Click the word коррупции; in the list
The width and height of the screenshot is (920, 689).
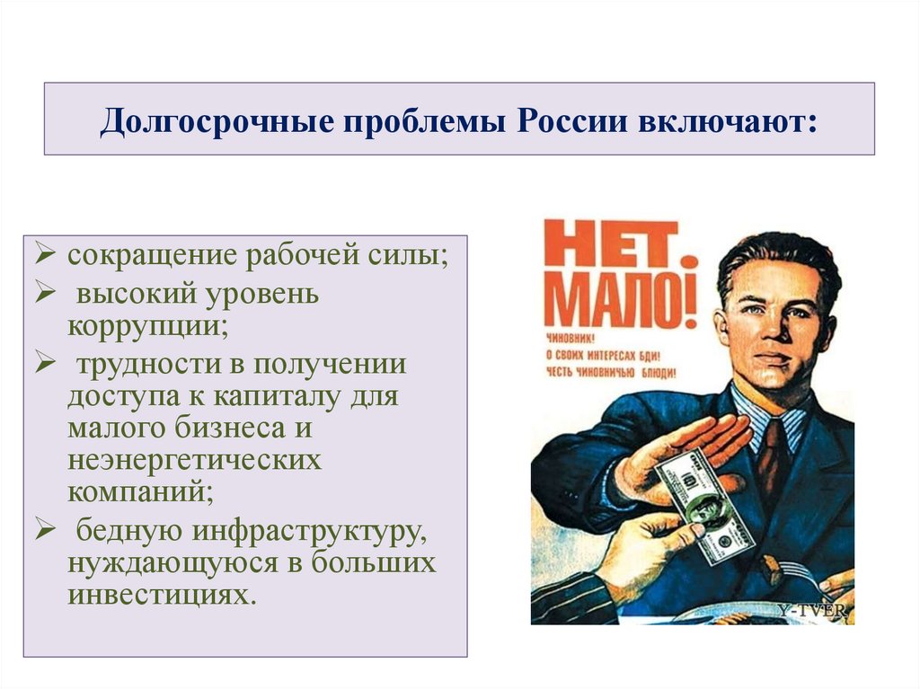pos(146,324)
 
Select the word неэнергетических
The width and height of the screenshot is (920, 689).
pos(193,461)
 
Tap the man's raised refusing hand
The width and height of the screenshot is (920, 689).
pos(683,449)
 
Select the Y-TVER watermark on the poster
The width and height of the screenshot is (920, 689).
pos(811,611)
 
